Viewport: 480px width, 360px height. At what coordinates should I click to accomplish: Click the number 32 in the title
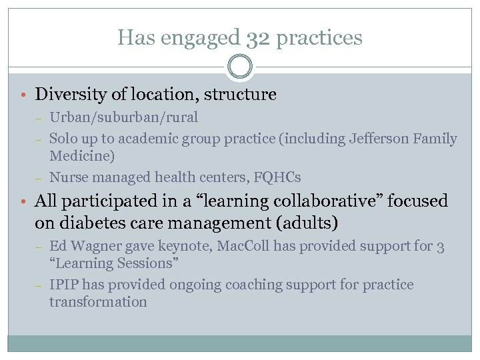(255, 37)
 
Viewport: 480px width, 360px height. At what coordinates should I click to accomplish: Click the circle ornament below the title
(240, 67)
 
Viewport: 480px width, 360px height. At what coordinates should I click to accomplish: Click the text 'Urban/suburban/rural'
(123, 117)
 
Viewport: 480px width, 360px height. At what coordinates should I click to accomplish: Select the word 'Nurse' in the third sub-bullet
(69, 177)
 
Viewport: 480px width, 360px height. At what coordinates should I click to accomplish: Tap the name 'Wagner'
(93, 246)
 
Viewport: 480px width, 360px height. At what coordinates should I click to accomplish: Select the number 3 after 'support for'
(440, 246)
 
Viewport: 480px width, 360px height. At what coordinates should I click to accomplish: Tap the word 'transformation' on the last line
(98, 302)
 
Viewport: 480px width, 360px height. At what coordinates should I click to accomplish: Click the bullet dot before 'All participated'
(23, 201)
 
